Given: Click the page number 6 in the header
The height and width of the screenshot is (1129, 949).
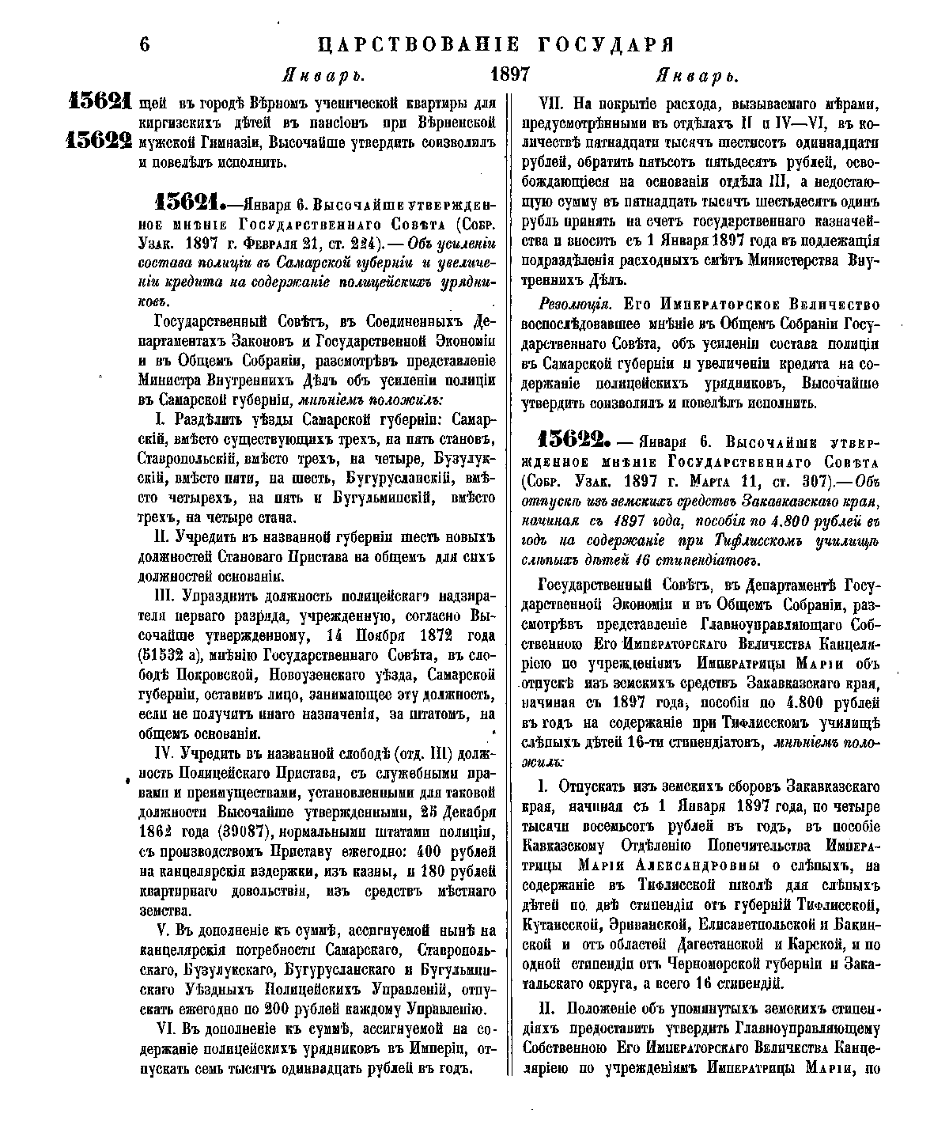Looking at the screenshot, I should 144,44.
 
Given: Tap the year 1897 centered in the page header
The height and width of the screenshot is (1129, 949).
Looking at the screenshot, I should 509,76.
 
